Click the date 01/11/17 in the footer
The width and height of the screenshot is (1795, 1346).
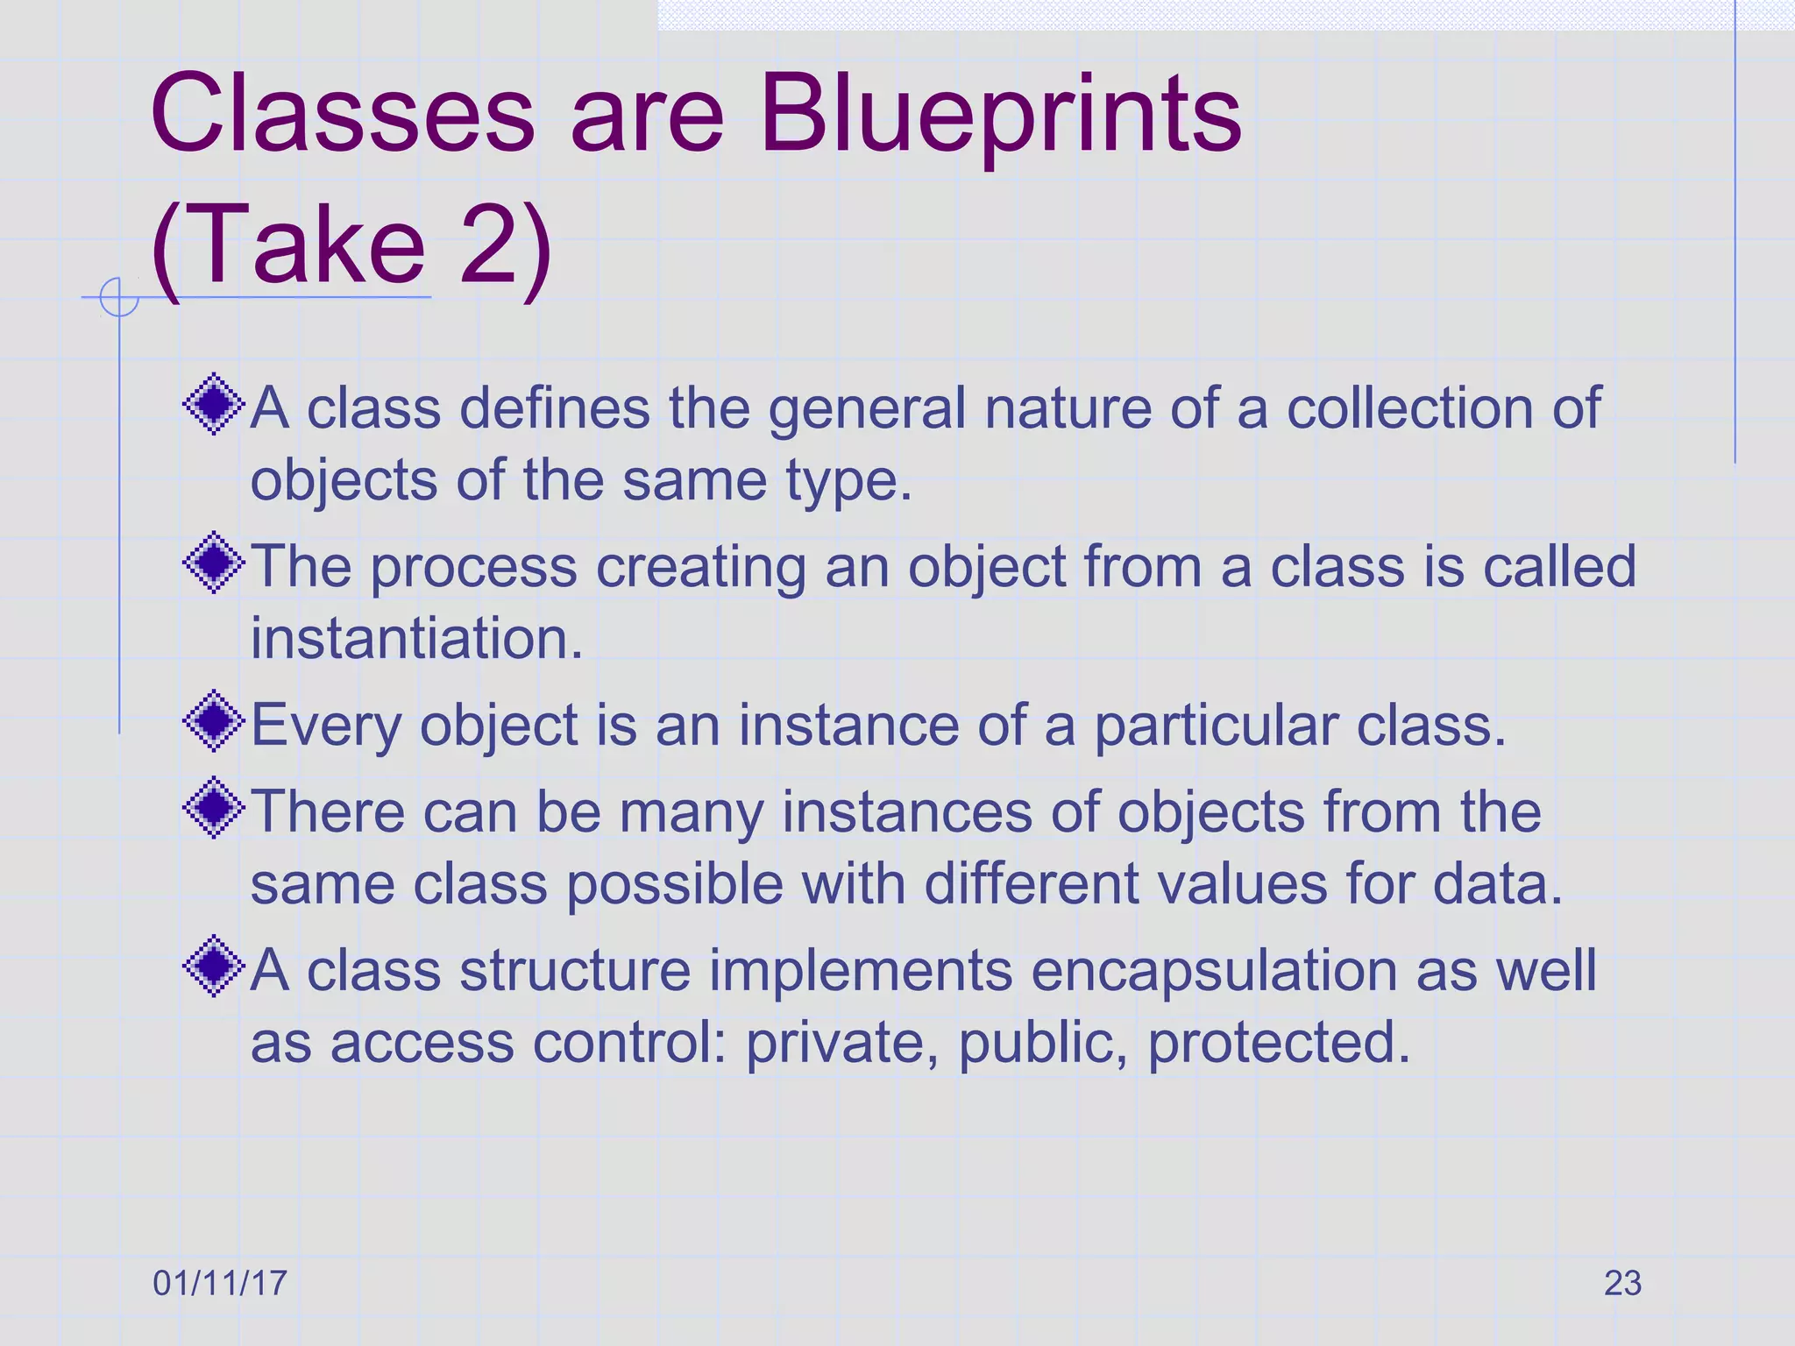(x=220, y=1283)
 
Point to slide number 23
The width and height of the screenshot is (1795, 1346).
(x=1622, y=1283)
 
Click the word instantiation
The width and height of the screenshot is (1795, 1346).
(x=416, y=638)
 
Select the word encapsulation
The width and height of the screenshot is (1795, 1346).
(x=1213, y=971)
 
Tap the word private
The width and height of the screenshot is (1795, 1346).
(x=841, y=1043)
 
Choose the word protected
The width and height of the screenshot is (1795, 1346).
(x=1279, y=1043)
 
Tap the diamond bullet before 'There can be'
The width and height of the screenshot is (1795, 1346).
(x=214, y=808)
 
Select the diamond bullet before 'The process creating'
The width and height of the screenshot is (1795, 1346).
(x=214, y=563)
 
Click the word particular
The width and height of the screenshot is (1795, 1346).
(x=1217, y=726)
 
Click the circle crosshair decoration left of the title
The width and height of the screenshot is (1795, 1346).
(x=119, y=297)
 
